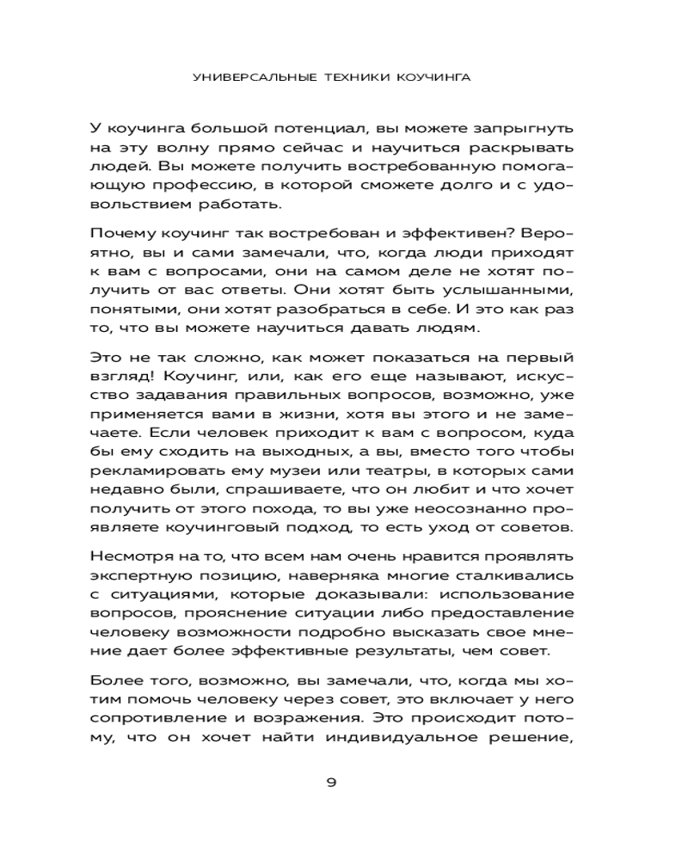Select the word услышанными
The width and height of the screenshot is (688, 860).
coord(515,291)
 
